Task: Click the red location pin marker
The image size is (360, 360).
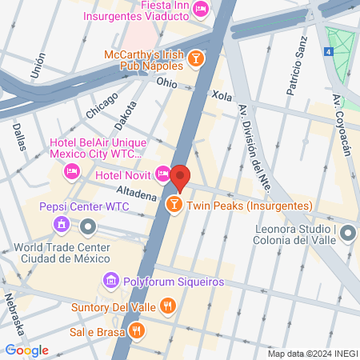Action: click(x=180, y=178)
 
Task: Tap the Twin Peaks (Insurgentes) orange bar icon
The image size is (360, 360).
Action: click(x=173, y=206)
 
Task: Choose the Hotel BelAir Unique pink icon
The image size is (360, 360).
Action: click(x=72, y=170)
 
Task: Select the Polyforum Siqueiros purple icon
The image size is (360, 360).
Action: click(x=110, y=281)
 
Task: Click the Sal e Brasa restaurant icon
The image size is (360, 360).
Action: click(x=138, y=329)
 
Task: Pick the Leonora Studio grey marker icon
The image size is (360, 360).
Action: click(x=348, y=233)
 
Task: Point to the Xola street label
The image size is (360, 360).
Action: click(x=222, y=95)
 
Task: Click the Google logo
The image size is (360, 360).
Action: click(x=26, y=350)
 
